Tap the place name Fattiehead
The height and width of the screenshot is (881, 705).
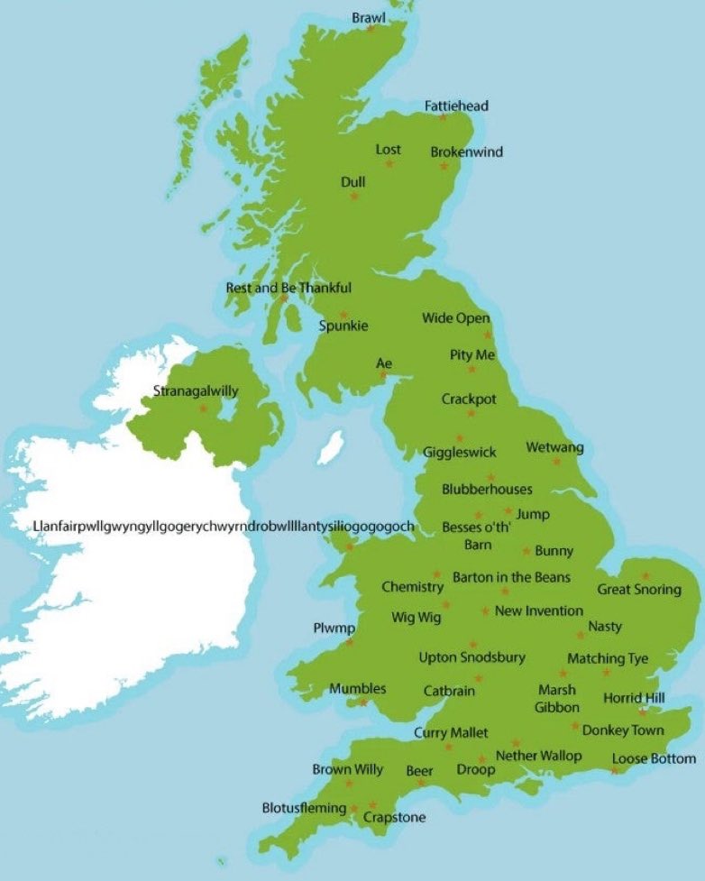[456, 106]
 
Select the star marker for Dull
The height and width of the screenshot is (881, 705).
[354, 196]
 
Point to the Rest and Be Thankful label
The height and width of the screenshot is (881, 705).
[288, 288]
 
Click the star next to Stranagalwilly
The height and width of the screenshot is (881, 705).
[203, 408]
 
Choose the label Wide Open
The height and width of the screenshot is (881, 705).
[456, 317]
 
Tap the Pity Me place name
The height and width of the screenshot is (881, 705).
[472, 354]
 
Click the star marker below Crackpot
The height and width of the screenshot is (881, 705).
[471, 414]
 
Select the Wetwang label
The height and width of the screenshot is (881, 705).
[554, 447]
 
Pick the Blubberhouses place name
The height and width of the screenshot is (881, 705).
[487, 489]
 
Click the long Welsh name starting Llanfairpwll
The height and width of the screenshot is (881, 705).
[223, 526]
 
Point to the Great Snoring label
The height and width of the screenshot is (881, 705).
[639, 589]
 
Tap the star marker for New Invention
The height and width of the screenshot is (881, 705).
[485, 611]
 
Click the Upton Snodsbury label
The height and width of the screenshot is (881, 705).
[472, 657]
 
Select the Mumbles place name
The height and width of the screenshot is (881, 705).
[357, 688]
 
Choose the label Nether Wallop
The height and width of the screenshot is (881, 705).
[539, 755]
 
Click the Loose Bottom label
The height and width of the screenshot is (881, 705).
[654, 758]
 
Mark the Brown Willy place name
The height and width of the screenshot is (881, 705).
[347, 769]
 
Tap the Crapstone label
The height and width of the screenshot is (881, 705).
[394, 817]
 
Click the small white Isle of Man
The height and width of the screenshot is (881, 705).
[331, 446]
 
